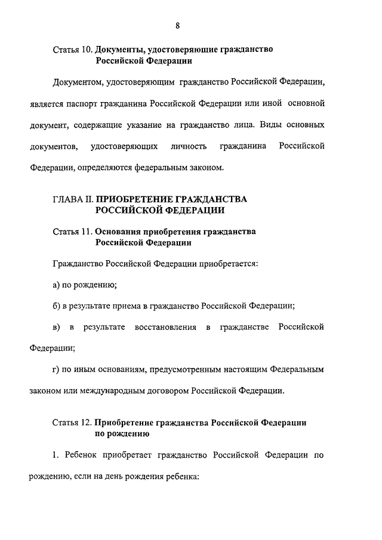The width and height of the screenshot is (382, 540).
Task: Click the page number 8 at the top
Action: tap(178, 25)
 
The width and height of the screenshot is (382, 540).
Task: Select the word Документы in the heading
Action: tap(124, 50)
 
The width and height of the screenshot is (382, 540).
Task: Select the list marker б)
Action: tap(57, 306)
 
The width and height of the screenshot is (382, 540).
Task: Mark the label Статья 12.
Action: tap(73, 422)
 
